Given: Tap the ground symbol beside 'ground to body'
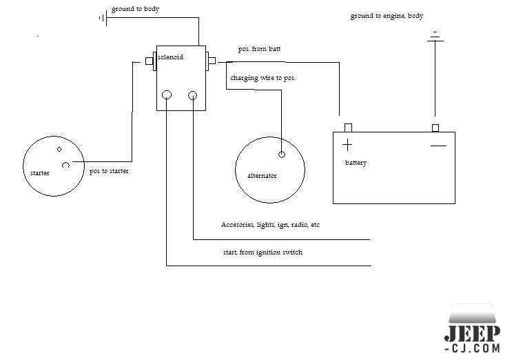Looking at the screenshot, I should (102, 18).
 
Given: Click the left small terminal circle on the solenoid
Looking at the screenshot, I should (166, 95).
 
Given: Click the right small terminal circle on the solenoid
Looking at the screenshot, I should (193, 95).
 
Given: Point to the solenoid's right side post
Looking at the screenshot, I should (212, 62).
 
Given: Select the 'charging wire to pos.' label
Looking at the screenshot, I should (263, 78).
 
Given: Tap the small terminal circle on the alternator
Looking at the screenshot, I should (282, 154).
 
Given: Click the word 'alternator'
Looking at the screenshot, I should (262, 176).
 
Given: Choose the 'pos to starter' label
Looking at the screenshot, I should (110, 170).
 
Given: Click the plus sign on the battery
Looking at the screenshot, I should (347, 145).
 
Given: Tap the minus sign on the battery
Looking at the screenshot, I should (438, 146).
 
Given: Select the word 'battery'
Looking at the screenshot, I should (356, 163).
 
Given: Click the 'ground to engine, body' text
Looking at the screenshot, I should (386, 15).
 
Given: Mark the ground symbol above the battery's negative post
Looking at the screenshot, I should (434, 37).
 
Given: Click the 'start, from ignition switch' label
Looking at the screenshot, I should (262, 252).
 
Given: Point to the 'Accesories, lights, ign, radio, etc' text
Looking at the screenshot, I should (270, 225).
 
